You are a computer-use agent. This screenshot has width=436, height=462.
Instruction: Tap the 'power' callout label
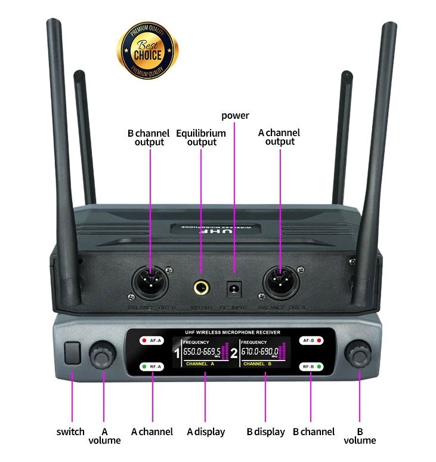click(x=235, y=115)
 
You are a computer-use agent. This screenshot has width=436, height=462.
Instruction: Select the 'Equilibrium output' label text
click(x=201, y=137)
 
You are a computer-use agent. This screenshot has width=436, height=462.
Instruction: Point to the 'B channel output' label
click(x=149, y=137)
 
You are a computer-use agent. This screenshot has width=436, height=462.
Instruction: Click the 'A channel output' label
click(x=279, y=137)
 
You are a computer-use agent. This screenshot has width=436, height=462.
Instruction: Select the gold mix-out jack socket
click(x=202, y=289)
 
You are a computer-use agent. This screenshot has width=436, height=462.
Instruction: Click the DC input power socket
click(x=235, y=289)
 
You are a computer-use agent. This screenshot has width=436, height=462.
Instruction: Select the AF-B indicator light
click(x=320, y=341)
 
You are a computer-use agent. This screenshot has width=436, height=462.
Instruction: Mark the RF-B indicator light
click(x=320, y=366)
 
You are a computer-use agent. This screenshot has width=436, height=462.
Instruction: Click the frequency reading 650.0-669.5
click(x=201, y=352)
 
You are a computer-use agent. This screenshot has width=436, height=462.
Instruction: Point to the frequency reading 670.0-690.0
click(x=261, y=352)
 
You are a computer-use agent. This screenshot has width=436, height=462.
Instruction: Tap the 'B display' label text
click(x=265, y=432)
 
